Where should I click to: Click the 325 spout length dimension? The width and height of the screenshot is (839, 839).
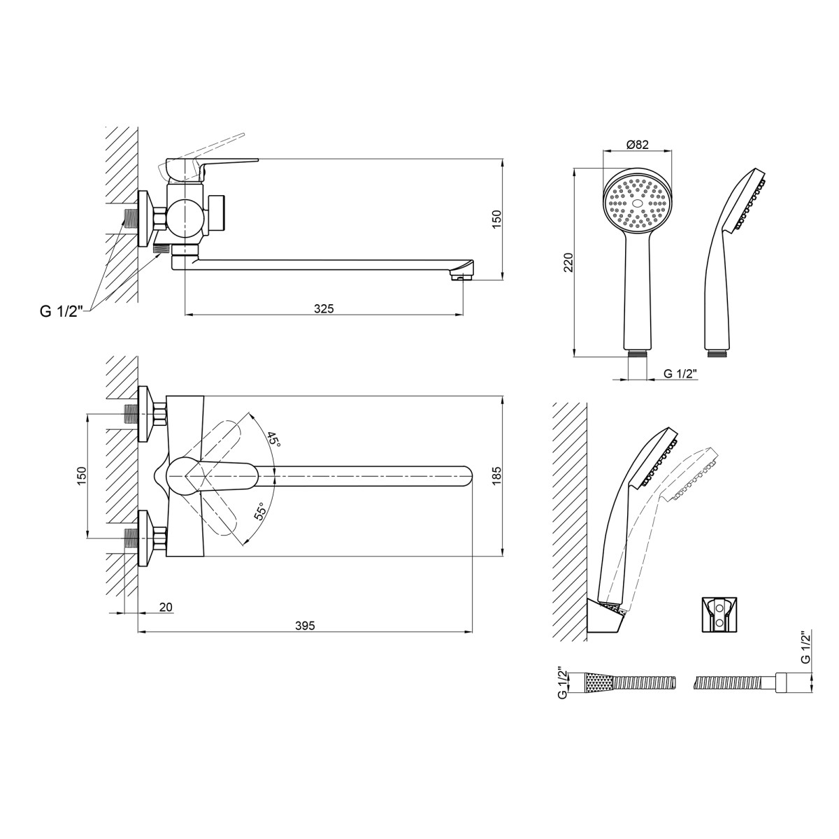pos(324,309)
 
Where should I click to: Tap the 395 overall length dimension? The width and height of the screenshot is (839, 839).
pos(305,626)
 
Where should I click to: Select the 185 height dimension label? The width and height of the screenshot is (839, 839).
pos(497,476)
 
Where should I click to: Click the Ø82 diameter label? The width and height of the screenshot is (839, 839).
pos(638,145)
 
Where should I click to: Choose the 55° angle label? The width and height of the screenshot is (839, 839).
pos(260,512)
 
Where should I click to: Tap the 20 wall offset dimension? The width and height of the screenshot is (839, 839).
pos(166,606)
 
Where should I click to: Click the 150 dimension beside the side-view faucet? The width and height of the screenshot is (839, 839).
pos(497,219)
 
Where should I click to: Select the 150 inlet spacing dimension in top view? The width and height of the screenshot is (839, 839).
pos(83,476)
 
